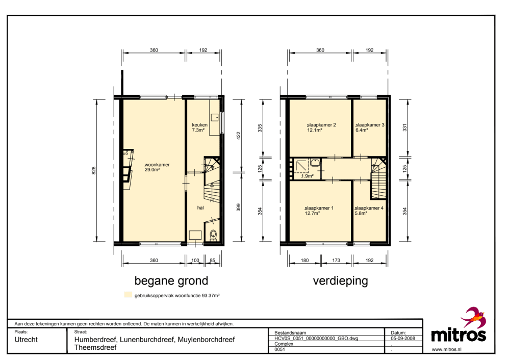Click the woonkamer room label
157,165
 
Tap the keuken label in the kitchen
199,125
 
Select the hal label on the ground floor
200,208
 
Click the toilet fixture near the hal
213,235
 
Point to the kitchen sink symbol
215,117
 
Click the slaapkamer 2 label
321,125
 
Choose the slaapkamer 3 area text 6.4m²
362,130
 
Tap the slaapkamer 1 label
319,208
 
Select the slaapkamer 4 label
369,208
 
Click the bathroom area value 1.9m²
308,176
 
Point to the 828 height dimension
94,170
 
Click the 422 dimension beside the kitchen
238,136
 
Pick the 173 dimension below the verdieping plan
336,260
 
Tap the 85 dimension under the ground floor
212,260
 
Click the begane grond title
171,280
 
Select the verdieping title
341,280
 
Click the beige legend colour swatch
128,295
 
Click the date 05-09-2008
403,338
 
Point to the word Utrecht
26,340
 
